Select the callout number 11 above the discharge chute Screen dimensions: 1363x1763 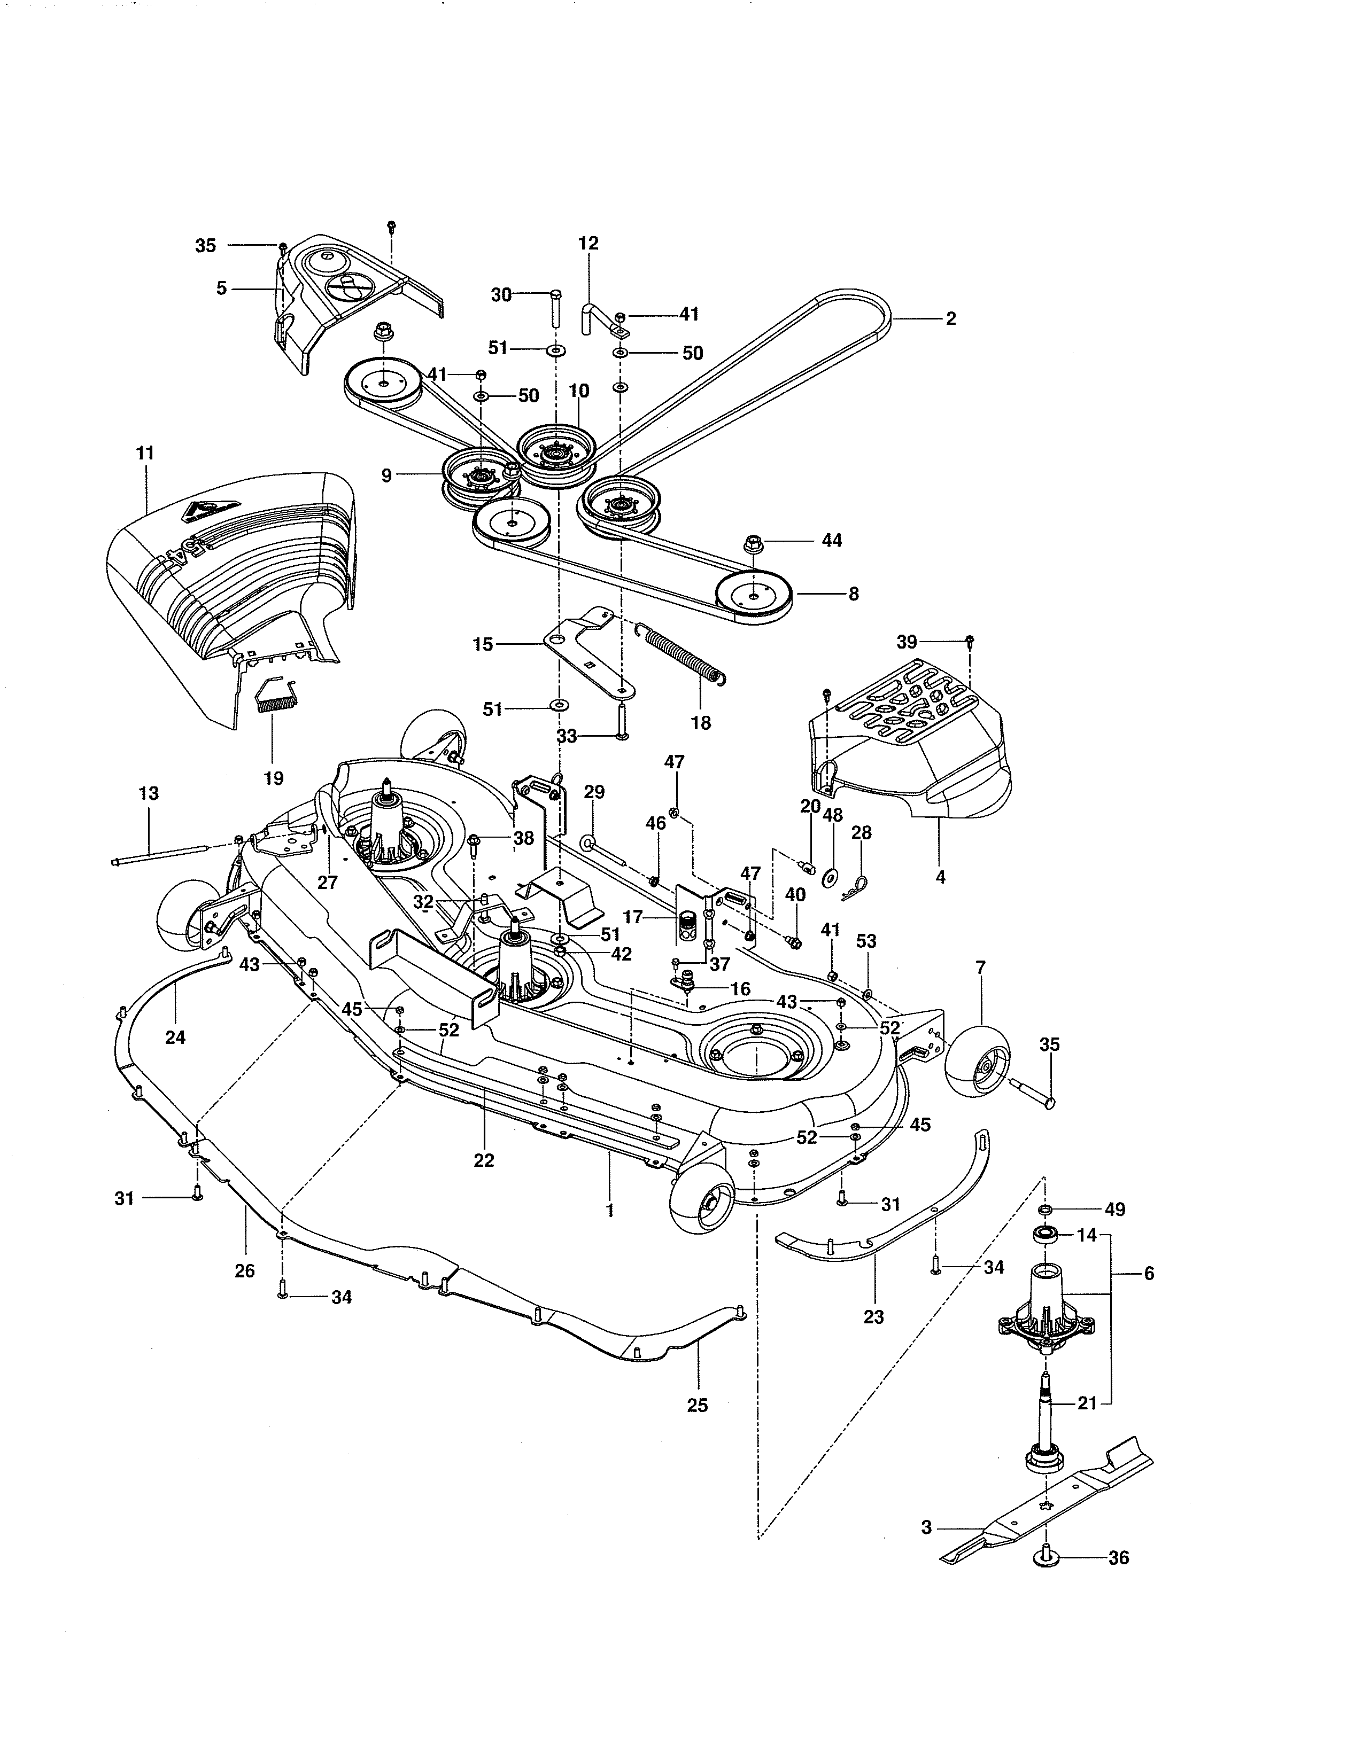(145, 453)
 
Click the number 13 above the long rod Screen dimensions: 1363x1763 (149, 793)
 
